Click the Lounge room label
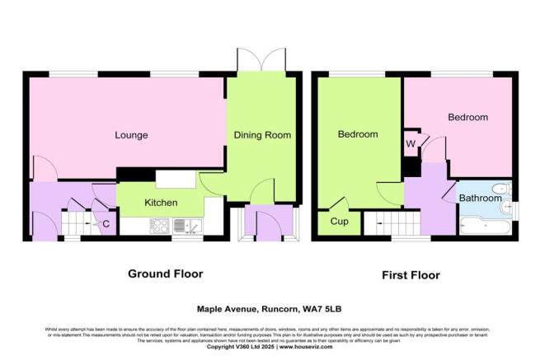[x=131, y=135]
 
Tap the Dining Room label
[x=262, y=135]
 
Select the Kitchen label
[x=162, y=202]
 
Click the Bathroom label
[x=480, y=199]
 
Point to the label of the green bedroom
[x=357, y=134]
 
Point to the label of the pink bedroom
[x=467, y=118]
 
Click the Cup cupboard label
[x=339, y=221]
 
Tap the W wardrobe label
[x=411, y=145]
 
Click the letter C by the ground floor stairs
[x=106, y=222]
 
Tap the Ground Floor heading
[x=165, y=274]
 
